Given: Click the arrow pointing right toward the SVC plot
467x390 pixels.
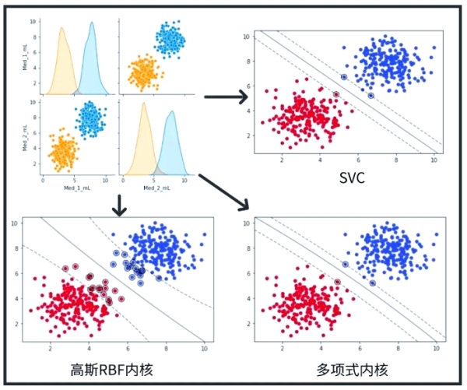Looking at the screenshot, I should (226, 97).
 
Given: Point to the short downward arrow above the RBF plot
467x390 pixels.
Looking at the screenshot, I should (119, 205).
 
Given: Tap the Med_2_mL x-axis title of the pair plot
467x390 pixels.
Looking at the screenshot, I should (163, 188).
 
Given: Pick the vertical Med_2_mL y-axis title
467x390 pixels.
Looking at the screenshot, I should (25, 134).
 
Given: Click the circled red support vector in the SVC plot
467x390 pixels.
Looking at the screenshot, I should (336, 95).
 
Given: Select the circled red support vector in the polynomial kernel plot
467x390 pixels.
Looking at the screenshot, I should (337, 282).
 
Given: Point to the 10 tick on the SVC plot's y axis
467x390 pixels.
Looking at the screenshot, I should (246, 37).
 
